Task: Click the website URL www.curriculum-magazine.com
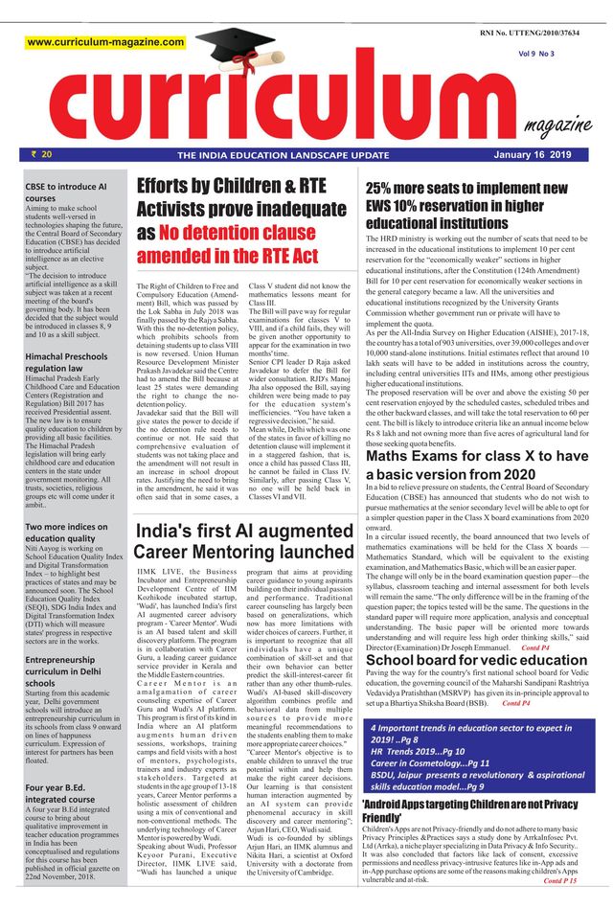105,42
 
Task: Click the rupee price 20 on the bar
41,153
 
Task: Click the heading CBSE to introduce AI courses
66,193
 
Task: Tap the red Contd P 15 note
560,880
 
